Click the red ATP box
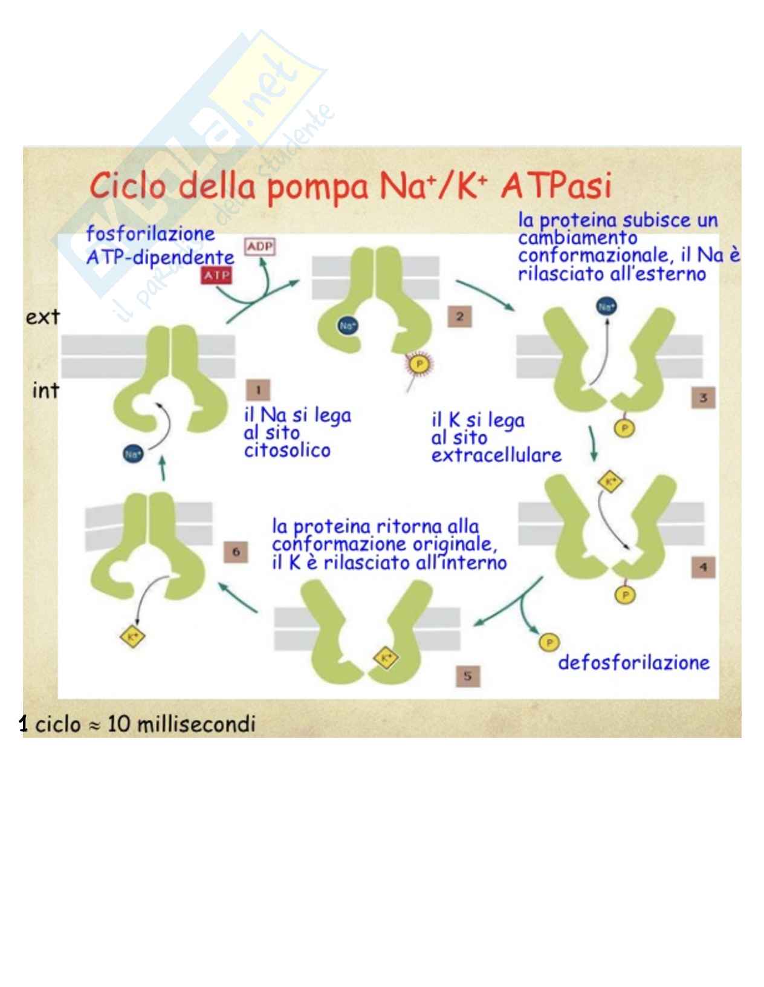pyautogui.click(x=216, y=276)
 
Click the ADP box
pyautogui.click(x=259, y=247)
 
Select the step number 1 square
pyautogui.click(x=258, y=389)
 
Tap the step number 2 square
pyautogui.click(x=459, y=316)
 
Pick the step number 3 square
pyautogui.click(x=703, y=398)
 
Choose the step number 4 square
pyautogui.click(x=703, y=567)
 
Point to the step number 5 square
pyautogui.click(x=467, y=676)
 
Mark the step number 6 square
pyautogui.click(x=236, y=552)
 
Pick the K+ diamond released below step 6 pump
pyautogui.click(x=130, y=636)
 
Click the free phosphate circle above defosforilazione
pyautogui.click(x=549, y=642)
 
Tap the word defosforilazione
pyautogui.click(x=633, y=663)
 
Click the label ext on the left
pyautogui.click(x=42, y=316)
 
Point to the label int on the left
pyautogui.click(x=45, y=391)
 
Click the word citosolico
pyautogui.click(x=286, y=451)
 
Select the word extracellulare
pyautogui.click(x=496, y=455)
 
